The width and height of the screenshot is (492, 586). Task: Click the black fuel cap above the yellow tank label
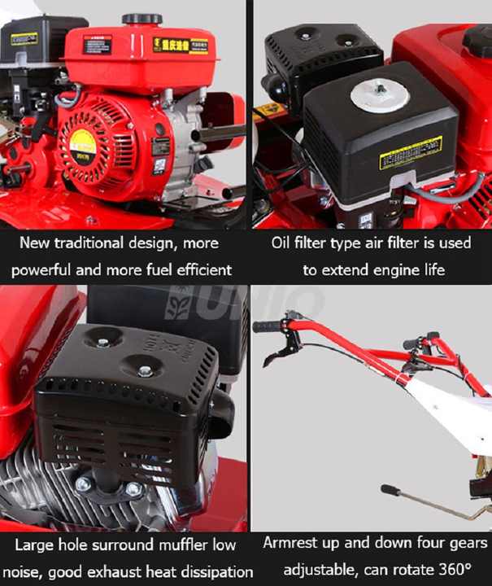pos(142,19)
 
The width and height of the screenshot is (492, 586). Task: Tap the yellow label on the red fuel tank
pos(181,45)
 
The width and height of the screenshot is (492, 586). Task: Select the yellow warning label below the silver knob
pos(411,152)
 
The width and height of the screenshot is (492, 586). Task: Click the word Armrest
pos(293,542)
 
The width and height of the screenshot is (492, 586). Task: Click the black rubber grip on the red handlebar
pos(266,327)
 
